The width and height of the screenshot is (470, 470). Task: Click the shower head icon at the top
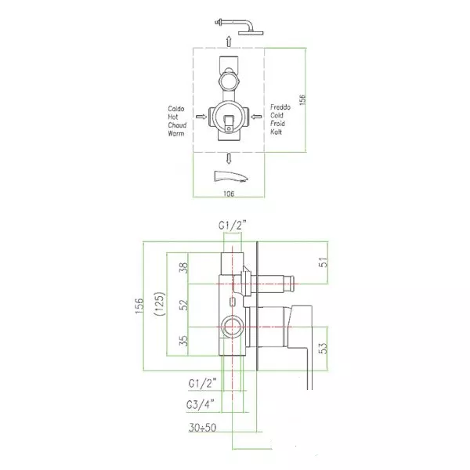click(x=240, y=27)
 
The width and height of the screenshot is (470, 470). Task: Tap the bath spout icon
click(x=231, y=176)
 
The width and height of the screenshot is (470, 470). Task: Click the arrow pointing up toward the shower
click(x=229, y=42)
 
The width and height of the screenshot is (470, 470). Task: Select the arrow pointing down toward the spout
click(x=229, y=158)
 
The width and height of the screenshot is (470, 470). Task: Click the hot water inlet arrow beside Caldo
click(x=201, y=117)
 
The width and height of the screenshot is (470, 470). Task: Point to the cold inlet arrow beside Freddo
click(x=256, y=117)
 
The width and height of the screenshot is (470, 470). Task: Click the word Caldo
click(x=176, y=109)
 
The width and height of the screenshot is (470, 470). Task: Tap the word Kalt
click(x=276, y=132)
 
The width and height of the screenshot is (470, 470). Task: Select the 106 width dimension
click(x=229, y=193)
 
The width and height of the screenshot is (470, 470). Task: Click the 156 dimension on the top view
click(x=302, y=99)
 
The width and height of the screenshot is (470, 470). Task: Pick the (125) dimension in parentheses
click(x=160, y=303)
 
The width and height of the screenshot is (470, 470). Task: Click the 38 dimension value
click(x=184, y=268)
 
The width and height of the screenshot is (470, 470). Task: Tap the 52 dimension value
click(x=184, y=305)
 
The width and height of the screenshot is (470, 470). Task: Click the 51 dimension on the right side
click(x=324, y=262)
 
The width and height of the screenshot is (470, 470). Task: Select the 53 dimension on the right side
click(x=324, y=349)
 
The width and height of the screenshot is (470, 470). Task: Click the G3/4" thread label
click(x=201, y=405)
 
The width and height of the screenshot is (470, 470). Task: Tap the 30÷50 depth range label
click(x=202, y=428)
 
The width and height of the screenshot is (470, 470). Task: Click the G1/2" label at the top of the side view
click(x=233, y=225)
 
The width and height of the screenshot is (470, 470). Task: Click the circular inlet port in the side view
click(x=231, y=326)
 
